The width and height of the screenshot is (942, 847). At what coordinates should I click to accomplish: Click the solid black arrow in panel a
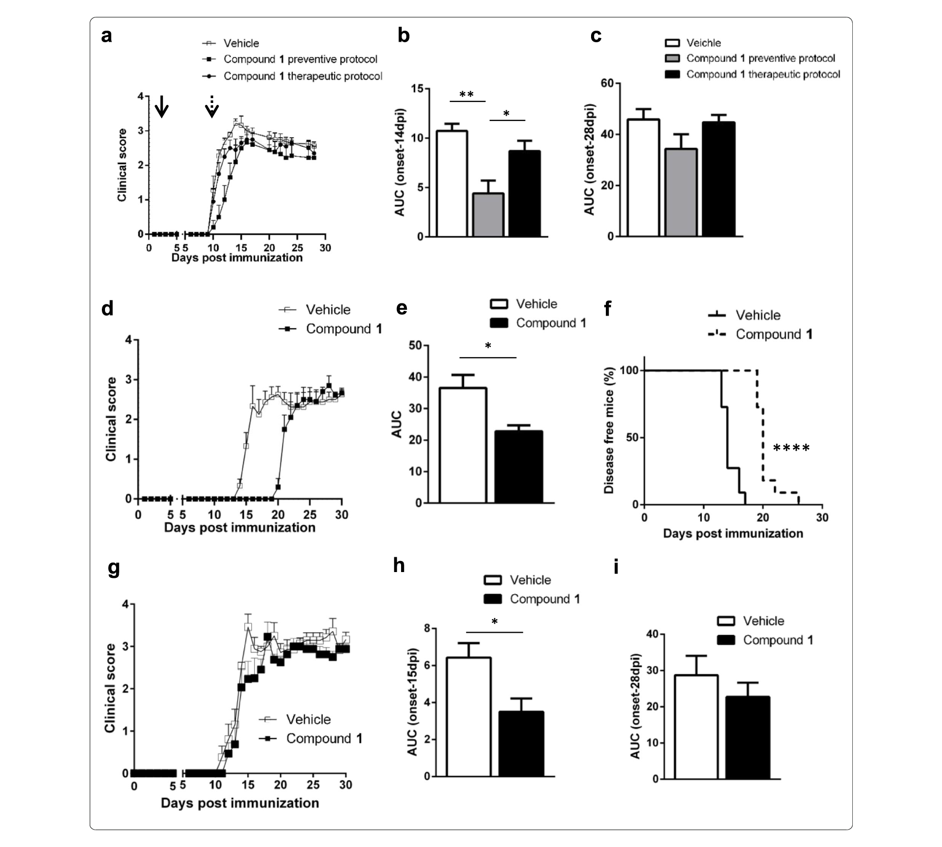pos(161,106)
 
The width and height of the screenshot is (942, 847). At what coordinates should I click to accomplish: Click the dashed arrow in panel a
pos(212,107)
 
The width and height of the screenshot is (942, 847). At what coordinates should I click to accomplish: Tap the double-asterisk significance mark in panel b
pos(467,95)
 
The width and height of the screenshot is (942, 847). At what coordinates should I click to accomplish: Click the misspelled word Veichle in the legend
pos(703,43)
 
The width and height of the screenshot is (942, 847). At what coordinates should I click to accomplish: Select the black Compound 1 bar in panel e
pos(518,467)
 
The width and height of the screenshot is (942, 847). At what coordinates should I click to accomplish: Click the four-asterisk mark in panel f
pos(791,449)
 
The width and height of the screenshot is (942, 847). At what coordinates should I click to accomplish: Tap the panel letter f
pos(607,308)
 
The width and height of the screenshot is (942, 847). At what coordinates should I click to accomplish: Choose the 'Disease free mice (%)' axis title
pos(609,431)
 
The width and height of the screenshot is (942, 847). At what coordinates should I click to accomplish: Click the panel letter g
pos(113,568)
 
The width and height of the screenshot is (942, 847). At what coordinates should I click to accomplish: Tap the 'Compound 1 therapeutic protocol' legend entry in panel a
pos(302,76)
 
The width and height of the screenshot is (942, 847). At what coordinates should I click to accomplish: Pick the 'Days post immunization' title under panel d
pos(240,527)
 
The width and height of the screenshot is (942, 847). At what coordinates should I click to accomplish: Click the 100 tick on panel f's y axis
pos(629,370)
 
